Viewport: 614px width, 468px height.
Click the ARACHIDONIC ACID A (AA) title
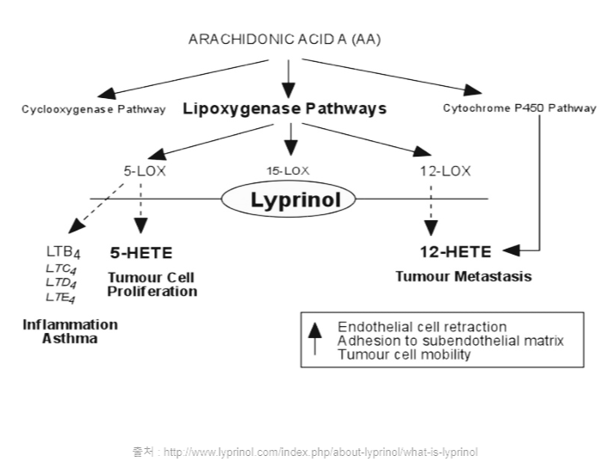point(285,39)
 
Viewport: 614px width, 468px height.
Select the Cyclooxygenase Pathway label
point(94,109)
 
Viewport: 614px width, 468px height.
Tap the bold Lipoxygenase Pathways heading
point(285,108)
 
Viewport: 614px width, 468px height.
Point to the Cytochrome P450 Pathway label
point(519,108)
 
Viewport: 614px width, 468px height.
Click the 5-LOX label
point(145,171)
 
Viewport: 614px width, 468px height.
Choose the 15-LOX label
point(288,170)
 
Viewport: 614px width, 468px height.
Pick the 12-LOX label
point(445,171)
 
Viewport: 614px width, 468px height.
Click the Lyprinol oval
point(288,199)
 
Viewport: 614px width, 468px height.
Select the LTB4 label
point(64,252)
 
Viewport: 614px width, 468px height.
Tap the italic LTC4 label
point(61,269)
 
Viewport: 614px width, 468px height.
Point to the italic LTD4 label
point(61,283)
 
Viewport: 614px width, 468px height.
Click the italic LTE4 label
point(60,298)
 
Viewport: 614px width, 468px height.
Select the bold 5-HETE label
point(141,253)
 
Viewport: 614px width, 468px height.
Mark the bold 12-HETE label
point(456,251)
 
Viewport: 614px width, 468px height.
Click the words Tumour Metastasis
point(463,276)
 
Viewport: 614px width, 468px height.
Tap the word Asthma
point(70,338)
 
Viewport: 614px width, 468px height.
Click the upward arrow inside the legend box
point(315,338)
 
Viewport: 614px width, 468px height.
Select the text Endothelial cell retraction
point(422,327)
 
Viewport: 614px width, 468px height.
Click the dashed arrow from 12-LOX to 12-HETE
point(431,211)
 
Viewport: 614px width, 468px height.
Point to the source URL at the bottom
point(306,452)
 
